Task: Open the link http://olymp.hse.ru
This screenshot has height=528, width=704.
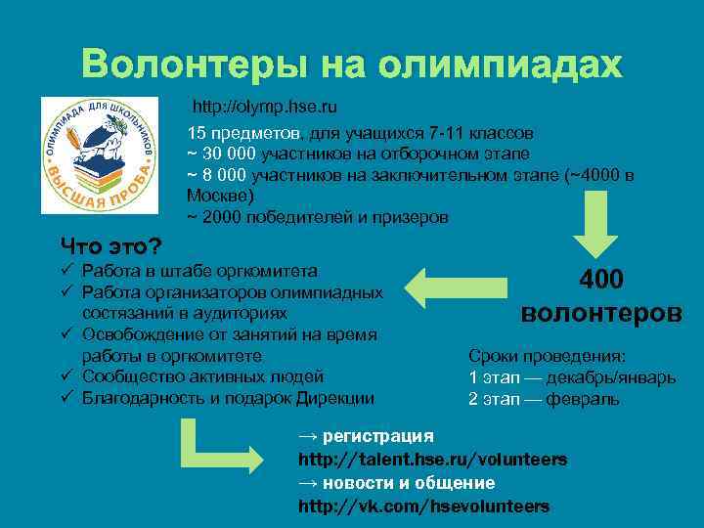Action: pyautogui.click(x=265, y=105)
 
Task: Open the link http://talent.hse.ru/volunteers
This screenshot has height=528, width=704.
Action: pyautogui.click(x=431, y=460)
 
